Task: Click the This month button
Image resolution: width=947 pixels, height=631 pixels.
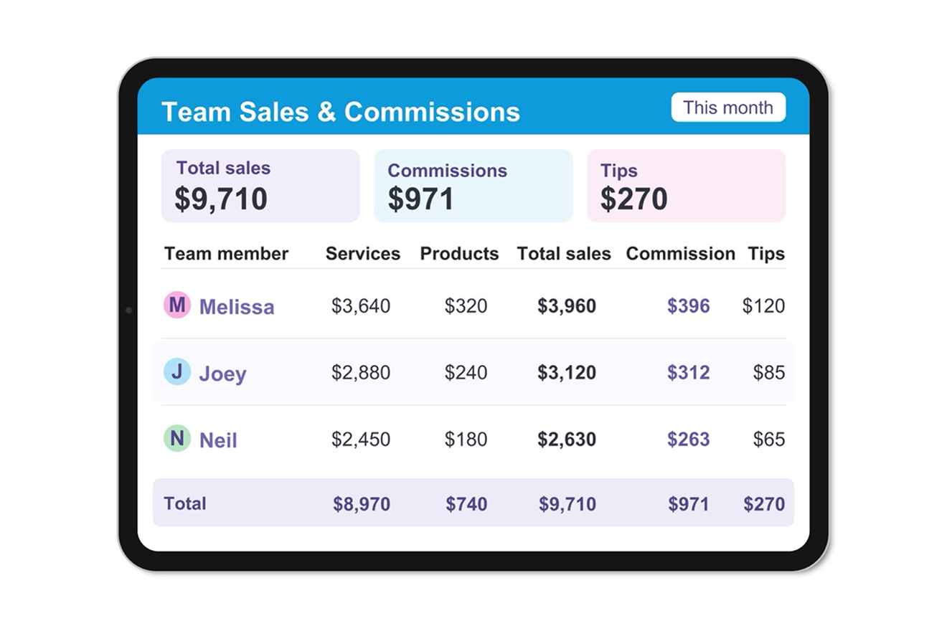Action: tap(728, 108)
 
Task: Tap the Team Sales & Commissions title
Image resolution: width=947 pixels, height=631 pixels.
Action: tap(341, 112)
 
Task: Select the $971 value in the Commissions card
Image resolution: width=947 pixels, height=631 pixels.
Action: tap(420, 199)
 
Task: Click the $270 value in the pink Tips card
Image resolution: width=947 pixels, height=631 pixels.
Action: tap(633, 199)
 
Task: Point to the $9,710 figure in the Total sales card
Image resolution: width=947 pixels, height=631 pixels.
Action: tap(221, 199)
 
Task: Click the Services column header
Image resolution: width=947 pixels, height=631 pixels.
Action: tap(363, 254)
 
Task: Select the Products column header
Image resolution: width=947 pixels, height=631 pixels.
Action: tap(459, 254)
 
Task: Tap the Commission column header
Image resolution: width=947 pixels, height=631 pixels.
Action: tap(680, 254)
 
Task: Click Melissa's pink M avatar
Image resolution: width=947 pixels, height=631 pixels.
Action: tap(177, 305)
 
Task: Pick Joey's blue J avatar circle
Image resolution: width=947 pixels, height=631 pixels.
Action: tap(177, 371)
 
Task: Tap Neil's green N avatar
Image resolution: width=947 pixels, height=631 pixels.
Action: tap(177, 438)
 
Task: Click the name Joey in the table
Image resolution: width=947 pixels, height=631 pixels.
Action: tap(223, 374)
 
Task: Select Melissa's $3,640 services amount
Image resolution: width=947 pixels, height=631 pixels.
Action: tap(361, 306)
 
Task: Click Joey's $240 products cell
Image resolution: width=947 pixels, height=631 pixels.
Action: tap(466, 373)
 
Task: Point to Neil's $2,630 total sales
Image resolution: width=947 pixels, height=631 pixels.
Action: tap(567, 440)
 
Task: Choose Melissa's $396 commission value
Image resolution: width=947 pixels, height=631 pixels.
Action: tap(688, 306)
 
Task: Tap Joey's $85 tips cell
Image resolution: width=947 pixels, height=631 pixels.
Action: tap(769, 373)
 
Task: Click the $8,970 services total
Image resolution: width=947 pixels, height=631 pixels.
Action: tap(362, 504)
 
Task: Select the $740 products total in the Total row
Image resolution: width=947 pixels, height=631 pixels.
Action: tap(467, 504)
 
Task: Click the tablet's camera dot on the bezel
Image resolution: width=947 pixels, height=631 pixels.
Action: tap(129, 310)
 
